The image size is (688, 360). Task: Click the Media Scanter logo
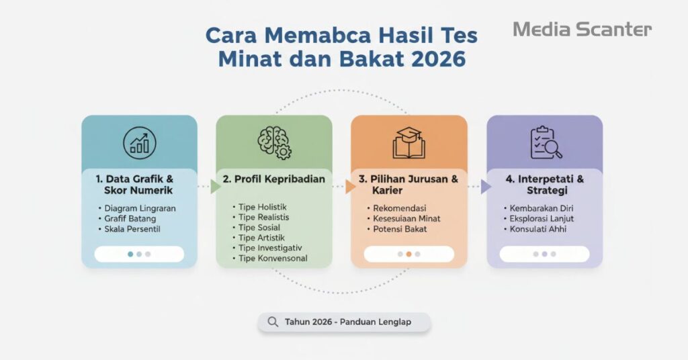pyautogui.click(x=582, y=29)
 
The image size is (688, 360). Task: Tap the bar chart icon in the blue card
pyautogui.click(x=140, y=142)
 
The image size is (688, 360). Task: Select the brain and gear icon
pyautogui.click(x=274, y=142)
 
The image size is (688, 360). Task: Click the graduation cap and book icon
pyautogui.click(x=409, y=142)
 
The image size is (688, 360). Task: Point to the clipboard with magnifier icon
pyautogui.click(x=545, y=142)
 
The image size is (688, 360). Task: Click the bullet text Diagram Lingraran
pyautogui.click(x=140, y=208)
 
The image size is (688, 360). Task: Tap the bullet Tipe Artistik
pyautogui.click(x=261, y=238)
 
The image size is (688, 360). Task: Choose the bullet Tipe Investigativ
pyautogui.click(x=271, y=248)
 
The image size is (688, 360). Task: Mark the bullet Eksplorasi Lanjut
pyautogui.click(x=541, y=218)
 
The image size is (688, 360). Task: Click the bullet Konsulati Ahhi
pyautogui.click(x=538, y=229)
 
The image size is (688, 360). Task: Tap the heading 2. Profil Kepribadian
pyautogui.click(x=273, y=179)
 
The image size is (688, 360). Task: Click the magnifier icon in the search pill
pyautogui.click(x=273, y=322)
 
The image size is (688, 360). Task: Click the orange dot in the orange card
pyautogui.click(x=408, y=255)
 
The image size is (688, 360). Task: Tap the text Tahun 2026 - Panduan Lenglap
pyautogui.click(x=347, y=322)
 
